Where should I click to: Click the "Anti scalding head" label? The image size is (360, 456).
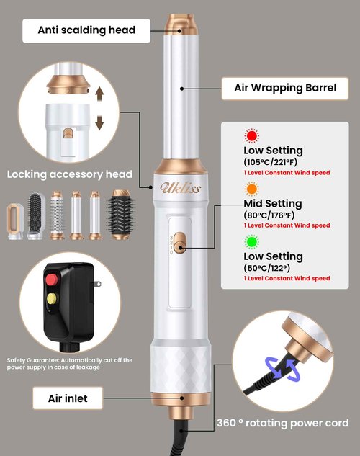(x=86, y=30)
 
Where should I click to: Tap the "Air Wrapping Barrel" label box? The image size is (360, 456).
(x=285, y=88)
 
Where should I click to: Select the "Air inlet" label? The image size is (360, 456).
(x=68, y=398)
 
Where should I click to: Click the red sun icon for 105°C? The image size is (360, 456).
(x=251, y=135)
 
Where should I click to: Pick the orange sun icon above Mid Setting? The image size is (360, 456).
(x=251, y=189)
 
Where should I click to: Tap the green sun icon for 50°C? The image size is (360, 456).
(x=251, y=241)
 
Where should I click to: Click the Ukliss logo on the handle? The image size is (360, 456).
(x=181, y=187)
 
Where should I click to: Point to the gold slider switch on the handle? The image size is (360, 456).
(x=180, y=243)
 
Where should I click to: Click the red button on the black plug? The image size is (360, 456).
(x=52, y=280)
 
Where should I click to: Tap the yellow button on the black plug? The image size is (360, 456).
(x=52, y=299)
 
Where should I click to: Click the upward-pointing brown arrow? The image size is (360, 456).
(x=99, y=94)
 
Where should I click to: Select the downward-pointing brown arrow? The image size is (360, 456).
(x=99, y=123)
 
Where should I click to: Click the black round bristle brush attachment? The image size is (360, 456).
(x=121, y=215)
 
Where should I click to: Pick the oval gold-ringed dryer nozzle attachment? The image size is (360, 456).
(x=15, y=221)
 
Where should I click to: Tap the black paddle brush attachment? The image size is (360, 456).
(x=36, y=216)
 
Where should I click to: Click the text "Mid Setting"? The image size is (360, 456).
(x=273, y=203)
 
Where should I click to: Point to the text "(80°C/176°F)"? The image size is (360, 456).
(x=269, y=215)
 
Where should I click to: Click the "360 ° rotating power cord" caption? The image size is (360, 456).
(x=283, y=423)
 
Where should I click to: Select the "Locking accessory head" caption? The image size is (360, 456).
(x=70, y=174)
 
